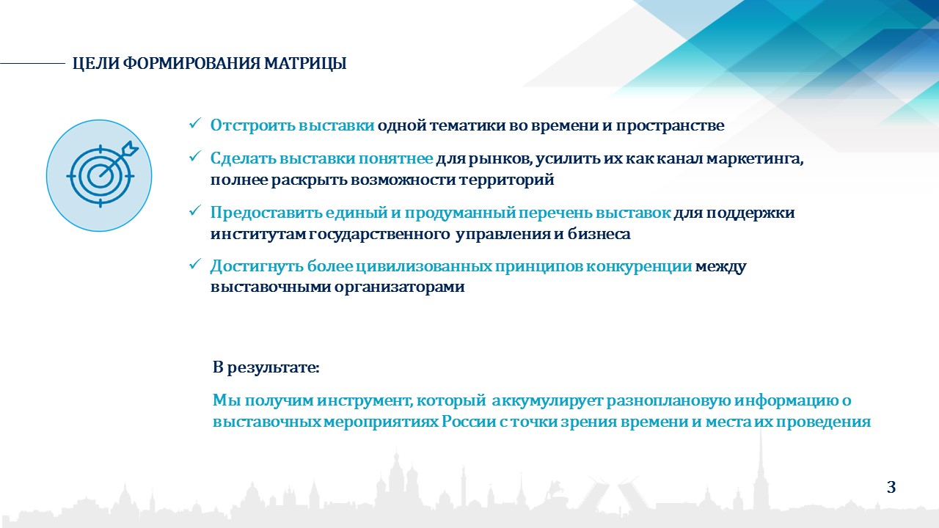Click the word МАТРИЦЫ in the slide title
pos(305,64)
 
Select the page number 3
pos(891,487)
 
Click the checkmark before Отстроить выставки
pos(194,124)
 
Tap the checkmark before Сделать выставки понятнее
pos(194,157)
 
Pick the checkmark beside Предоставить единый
pos(194,210)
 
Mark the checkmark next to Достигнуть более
pos(194,265)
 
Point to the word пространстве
pos(670,125)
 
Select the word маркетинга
pos(755,159)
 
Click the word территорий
pos(506,180)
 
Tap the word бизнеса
pos(599,233)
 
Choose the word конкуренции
pos(638,266)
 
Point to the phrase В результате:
pos(266,367)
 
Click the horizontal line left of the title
pos(33,64)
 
